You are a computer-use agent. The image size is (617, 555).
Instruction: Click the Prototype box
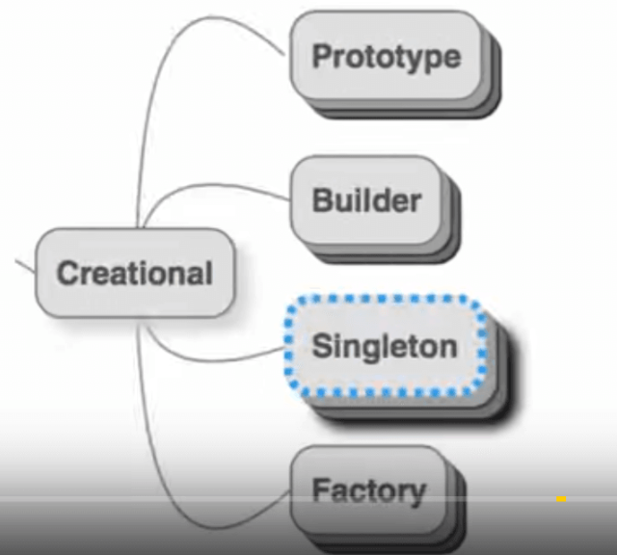[x=386, y=56]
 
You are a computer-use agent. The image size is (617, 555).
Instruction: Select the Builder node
[x=366, y=200]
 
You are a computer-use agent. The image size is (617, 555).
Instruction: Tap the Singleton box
[x=384, y=347]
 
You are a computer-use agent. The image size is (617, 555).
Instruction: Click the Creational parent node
[x=134, y=274]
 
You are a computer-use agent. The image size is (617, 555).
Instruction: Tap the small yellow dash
[x=561, y=499]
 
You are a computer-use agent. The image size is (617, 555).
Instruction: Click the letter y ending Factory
[x=416, y=493]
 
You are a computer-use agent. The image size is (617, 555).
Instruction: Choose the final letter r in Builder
[x=416, y=202]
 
